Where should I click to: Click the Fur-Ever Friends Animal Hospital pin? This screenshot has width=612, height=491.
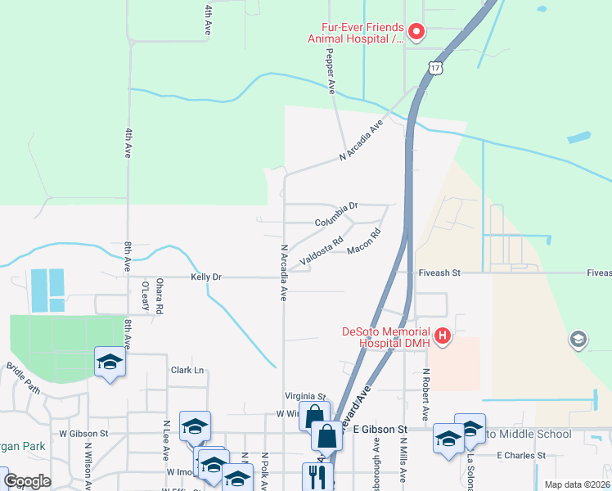point(416,32)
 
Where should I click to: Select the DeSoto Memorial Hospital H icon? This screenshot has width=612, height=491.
point(443,336)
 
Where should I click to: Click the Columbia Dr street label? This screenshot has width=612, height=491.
point(337,214)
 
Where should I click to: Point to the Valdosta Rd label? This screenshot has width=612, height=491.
point(321,251)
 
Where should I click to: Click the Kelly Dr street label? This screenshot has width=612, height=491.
point(206,277)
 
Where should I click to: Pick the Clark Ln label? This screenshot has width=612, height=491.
point(187,370)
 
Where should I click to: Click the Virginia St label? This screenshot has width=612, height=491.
point(304,396)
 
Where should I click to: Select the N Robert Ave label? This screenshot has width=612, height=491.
point(426,390)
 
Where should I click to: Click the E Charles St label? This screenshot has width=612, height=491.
point(520,455)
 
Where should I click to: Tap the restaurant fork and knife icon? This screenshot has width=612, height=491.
point(317,475)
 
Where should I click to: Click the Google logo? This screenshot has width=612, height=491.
point(27,481)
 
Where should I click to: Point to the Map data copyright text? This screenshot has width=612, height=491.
point(576,484)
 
